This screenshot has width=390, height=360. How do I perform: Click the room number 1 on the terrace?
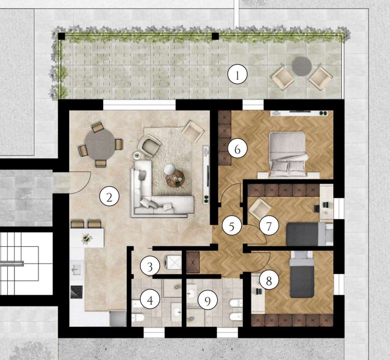(x=237, y=74)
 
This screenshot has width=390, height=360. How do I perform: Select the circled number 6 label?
(x=237, y=149)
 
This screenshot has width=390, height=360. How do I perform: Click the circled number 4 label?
(x=150, y=300)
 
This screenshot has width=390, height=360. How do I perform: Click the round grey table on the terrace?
(x=302, y=66)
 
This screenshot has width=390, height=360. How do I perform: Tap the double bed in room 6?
(x=288, y=154)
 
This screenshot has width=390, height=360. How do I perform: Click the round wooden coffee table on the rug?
(x=175, y=178)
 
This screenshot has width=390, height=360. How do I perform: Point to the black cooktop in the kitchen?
(x=77, y=292)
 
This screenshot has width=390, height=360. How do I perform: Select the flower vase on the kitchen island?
(x=86, y=239)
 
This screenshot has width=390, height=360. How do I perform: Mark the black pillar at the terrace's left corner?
(x=61, y=36)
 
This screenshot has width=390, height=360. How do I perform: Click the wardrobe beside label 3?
(x=193, y=262)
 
